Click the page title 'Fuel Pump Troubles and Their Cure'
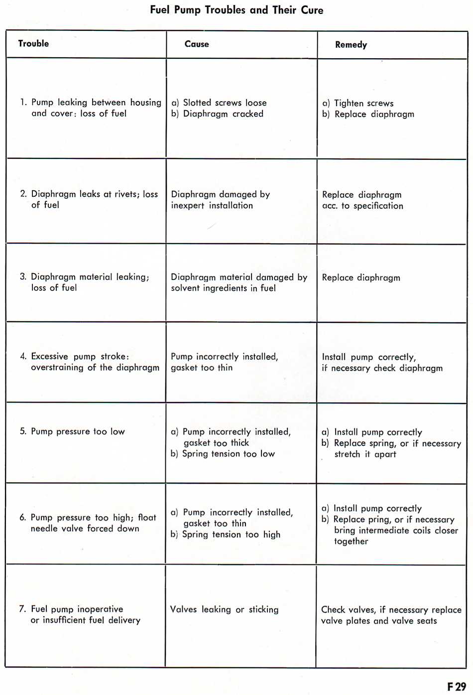[236, 10]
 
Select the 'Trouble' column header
[33, 43]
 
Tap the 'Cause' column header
[197, 44]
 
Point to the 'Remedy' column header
[351, 45]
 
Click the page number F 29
[456, 687]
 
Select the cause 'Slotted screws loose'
[225, 103]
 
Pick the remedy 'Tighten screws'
[363, 103]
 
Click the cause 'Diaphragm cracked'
[223, 114]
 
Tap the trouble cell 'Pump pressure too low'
[78, 431]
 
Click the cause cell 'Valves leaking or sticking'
[224, 609]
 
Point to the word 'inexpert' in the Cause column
[188, 205]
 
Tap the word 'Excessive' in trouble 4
[49, 356]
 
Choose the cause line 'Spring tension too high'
[231, 535]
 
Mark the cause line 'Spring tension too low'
[228, 454]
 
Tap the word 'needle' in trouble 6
[44, 529]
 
